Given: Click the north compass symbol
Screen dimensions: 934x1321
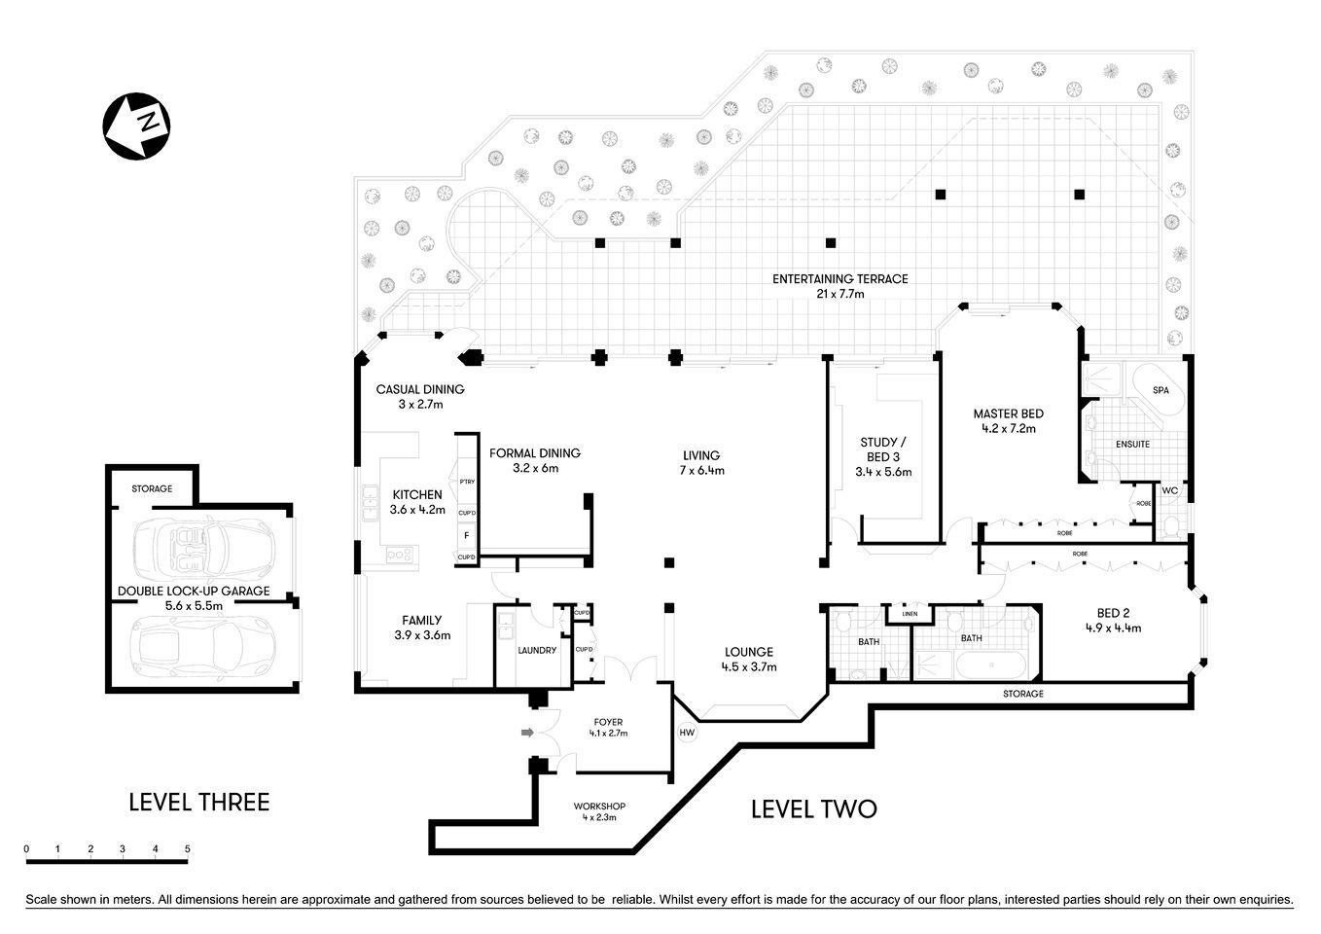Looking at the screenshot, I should (x=136, y=126).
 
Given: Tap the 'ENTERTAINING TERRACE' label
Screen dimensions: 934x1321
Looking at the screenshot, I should (x=839, y=279).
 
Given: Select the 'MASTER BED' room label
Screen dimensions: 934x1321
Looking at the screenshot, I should (x=1008, y=414).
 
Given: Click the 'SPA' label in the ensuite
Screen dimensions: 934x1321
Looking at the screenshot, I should (x=1160, y=390).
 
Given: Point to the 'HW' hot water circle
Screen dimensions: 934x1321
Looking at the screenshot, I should (x=686, y=733).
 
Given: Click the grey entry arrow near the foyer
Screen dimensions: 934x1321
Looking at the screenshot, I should (x=528, y=733).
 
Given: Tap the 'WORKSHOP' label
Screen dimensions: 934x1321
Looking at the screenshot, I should (x=598, y=807).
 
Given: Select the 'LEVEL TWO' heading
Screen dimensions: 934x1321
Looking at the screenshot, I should (x=813, y=809).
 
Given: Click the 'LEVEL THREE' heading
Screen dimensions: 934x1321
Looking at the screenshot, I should (x=199, y=803).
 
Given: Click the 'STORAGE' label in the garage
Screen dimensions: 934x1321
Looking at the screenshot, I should (x=152, y=488).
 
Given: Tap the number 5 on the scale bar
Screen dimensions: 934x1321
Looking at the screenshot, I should (x=188, y=849).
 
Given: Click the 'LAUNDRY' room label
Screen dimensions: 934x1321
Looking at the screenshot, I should (x=537, y=650).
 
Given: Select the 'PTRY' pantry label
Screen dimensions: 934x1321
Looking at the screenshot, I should (x=467, y=482).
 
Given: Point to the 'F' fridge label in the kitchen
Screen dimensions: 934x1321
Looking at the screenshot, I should (x=467, y=535).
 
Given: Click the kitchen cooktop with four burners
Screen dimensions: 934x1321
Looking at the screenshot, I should (x=400, y=555).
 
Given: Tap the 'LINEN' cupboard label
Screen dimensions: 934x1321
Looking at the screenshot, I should (x=910, y=614).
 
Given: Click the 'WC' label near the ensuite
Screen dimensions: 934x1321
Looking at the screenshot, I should (x=1170, y=490).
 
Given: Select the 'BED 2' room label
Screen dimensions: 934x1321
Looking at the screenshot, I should (x=1113, y=613).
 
